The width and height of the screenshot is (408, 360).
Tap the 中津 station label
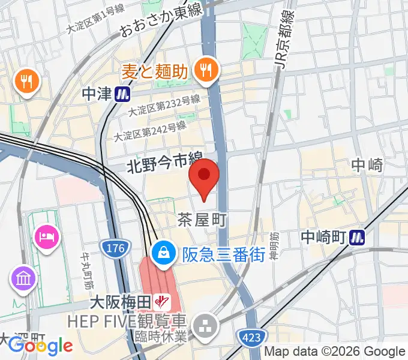pyautogui.click(x=97, y=94)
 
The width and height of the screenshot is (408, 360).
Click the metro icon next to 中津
pyautogui.click(x=124, y=94)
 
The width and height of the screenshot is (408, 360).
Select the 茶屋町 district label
pyautogui.click(x=202, y=220)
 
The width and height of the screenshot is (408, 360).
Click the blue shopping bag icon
pyautogui.click(x=163, y=254)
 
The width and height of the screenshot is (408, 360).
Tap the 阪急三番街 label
pyautogui.click(x=224, y=254)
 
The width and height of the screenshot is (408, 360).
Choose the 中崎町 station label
pyautogui.click(x=324, y=238)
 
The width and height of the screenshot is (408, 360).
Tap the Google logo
pyautogui.click(x=41, y=345)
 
